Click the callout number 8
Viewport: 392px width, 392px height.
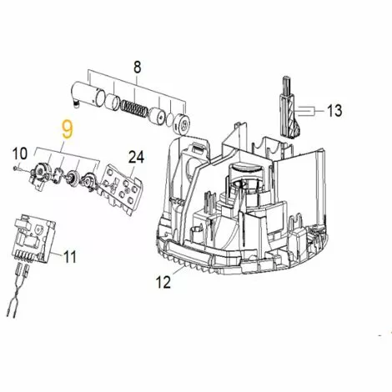pos(138,67)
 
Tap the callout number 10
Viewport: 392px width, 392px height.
pos(21,153)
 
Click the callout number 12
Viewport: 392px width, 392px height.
pos(164,283)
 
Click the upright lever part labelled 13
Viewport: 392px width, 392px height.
pos(288,108)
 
